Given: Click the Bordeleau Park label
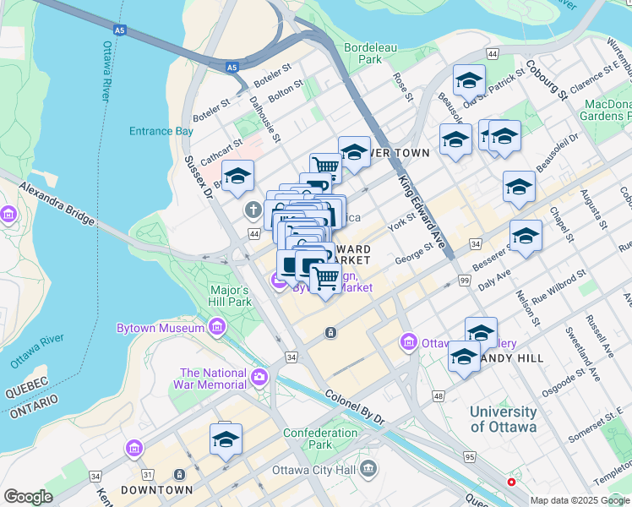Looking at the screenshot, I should (x=370, y=54).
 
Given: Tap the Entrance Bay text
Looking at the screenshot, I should (x=161, y=131).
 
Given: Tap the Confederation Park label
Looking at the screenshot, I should (x=320, y=439).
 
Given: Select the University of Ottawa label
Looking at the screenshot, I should (x=504, y=419).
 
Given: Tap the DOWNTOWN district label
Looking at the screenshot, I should (x=156, y=490).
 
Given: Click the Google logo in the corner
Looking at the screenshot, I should (x=28, y=497).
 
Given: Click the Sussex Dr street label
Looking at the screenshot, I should (x=201, y=177).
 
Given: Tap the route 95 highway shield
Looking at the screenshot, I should (x=469, y=457).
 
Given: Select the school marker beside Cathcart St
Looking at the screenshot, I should (x=238, y=177).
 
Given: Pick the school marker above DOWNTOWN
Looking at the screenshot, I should (x=226, y=440).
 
